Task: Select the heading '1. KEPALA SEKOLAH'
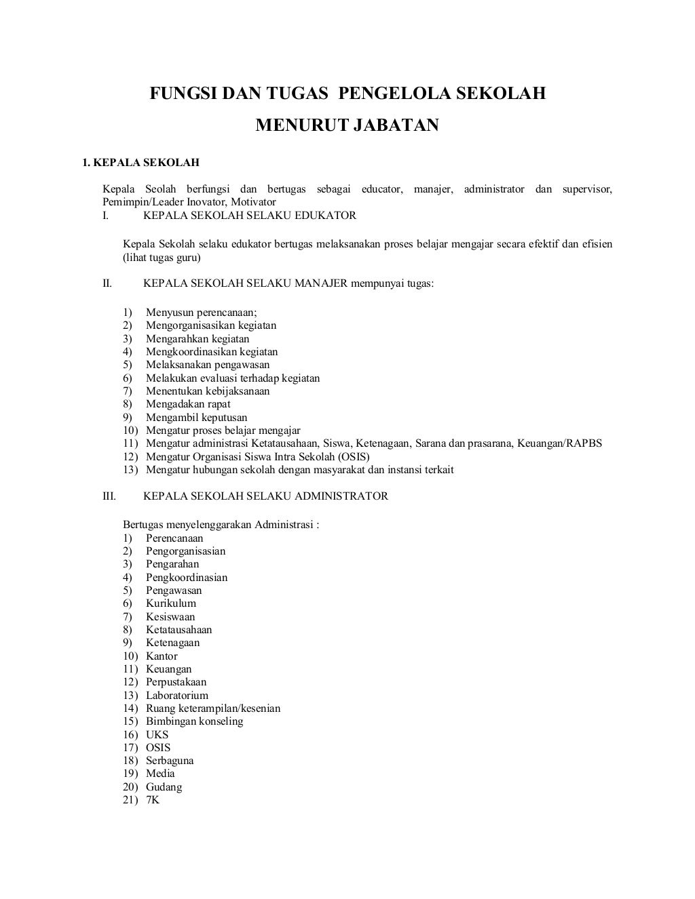click(x=140, y=163)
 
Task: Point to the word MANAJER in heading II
click(x=321, y=283)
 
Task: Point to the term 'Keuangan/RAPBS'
click(x=559, y=443)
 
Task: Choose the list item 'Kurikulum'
click(x=170, y=603)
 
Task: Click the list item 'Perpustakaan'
click(x=176, y=682)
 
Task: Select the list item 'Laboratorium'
click(x=176, y=696)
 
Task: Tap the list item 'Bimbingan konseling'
click(x=194, y=721)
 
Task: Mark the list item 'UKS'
click(x=157, y=735)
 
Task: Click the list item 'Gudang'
click(x=164, y=787)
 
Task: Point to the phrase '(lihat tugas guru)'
click(x=162, y=258)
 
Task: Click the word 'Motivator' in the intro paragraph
click(x=253, y=202)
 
